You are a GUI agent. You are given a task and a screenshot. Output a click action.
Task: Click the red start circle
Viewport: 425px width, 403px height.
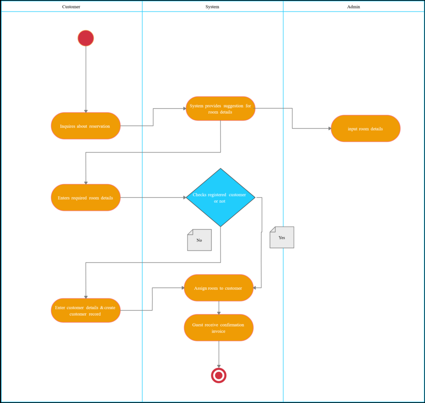tap(86, 38)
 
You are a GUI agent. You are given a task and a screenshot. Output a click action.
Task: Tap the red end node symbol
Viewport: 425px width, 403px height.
tap(219, 375)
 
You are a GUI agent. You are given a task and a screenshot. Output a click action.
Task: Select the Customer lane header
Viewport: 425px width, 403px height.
tap(71, 7)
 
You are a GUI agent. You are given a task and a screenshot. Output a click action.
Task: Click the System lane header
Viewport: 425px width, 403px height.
tap(212, 7)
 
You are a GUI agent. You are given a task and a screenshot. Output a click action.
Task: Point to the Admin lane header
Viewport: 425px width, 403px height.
tap(354, 7)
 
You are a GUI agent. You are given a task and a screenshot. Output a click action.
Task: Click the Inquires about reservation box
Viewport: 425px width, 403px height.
tap(86, 126)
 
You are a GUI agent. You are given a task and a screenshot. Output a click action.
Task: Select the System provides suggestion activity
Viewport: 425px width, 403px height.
tap(220, 109)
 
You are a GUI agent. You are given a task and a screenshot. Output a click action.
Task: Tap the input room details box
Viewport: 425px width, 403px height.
tap(366, 129)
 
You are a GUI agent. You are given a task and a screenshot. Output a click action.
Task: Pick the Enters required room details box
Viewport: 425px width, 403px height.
tap(86, 198)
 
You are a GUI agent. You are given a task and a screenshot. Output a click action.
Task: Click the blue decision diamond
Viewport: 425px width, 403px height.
tap(220, 198)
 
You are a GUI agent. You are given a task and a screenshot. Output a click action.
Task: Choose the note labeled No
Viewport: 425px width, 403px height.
tap(200, 240)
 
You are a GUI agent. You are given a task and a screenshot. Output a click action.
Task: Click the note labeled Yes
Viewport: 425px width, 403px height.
tap(282, 238)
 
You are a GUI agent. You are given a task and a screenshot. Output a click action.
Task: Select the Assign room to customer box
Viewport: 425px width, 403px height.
tap(219, 288)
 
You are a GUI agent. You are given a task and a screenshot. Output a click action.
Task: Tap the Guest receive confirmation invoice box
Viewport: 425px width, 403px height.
tap(219, 328)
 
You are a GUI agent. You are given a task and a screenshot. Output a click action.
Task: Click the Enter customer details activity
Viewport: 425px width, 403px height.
tap(86, 311)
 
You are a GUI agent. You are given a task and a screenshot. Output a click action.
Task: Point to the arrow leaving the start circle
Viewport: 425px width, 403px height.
tap(86, 79)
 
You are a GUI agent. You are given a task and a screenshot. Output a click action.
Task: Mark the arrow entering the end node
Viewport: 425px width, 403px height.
tap(219, 354)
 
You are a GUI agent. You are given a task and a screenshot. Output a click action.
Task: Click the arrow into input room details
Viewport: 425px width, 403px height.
tap(311, 129)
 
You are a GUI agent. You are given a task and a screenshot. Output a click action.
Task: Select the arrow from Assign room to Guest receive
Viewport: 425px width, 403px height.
tap(219, 308)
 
